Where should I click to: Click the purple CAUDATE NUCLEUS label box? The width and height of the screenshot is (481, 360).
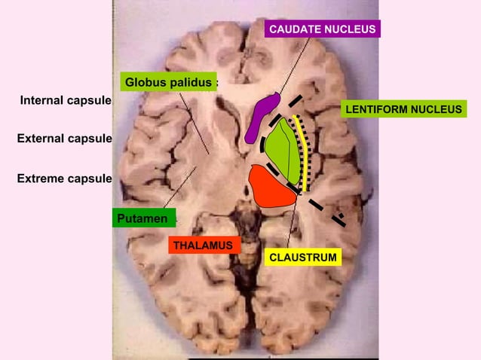[x=323, y=29]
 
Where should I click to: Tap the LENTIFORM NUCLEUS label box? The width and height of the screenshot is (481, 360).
[x=403, y=110]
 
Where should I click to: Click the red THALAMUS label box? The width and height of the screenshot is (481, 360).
[x=202, y=246]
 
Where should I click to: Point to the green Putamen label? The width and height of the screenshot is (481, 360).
[x=143, y=218]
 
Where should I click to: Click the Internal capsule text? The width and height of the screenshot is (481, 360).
[x=66, y=100]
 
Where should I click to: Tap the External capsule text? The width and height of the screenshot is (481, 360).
[x=64, y=139]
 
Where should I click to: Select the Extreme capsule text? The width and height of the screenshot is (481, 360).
[x=64, y=178]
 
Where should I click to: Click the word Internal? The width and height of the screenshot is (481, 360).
[x=42, y=100]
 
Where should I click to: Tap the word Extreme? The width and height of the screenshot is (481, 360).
[x=41, y=178]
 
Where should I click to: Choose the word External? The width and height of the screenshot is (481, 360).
[x=41, y=139]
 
